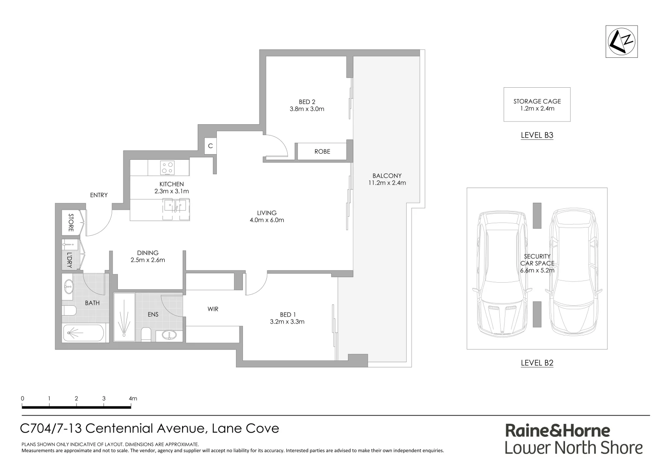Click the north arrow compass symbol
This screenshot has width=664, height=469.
coord(621,41)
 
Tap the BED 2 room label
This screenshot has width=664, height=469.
coord(307,102)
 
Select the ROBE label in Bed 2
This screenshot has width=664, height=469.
coord(322,152)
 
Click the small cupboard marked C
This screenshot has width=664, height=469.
coord(210,146)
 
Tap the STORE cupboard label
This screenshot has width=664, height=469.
coord(71,223)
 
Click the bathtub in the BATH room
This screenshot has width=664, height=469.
coord(84,334)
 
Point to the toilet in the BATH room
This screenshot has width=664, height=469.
coord(69,310)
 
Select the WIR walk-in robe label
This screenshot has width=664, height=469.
coord(213,309)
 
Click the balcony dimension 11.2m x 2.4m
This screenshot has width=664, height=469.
coord(387,183)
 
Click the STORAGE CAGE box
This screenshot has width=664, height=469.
coord(537,105)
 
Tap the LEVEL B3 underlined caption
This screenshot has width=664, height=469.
coord(537,135)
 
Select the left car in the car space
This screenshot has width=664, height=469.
coord(502,274)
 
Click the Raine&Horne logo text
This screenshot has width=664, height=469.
coord(557,431)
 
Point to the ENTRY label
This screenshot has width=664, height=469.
coord(99,195)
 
